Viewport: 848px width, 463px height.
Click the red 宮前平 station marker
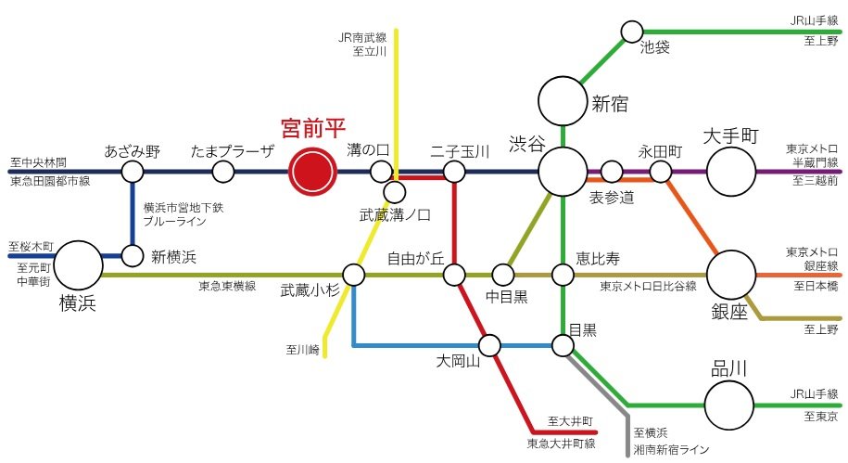(311, 172)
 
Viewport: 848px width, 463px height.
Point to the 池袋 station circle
(631, 32)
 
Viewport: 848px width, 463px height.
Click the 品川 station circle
(729, 405)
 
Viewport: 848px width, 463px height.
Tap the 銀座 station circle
(732, 275)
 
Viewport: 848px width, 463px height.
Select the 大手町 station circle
(732, 172)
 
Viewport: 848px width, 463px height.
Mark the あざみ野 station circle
(133, 172)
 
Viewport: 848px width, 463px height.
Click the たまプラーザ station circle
(222, 172)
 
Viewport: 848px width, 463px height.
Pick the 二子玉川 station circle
(454, 172)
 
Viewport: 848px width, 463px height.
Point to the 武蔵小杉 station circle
(354, 275)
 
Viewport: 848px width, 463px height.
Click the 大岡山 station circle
(489, 346)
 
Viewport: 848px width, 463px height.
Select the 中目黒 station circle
(502, 275)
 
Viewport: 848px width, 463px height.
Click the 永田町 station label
(661, 149)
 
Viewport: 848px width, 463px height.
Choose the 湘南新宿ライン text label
(672, 449)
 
